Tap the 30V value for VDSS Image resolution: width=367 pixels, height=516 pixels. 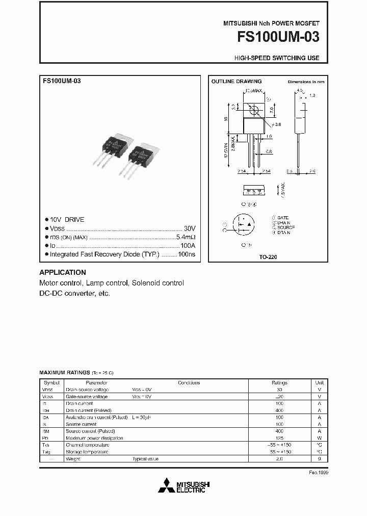pos(190,228)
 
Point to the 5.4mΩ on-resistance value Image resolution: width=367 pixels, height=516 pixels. pos(186,237)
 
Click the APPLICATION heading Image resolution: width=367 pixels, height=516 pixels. pos(63,272)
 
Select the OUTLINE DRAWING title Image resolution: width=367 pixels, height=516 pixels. pos(237,82)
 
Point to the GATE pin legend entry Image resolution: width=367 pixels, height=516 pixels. pos(282,217)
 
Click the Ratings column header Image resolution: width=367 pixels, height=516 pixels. pos(279,382)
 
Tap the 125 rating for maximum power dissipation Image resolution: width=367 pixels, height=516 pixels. pos(279,438)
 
